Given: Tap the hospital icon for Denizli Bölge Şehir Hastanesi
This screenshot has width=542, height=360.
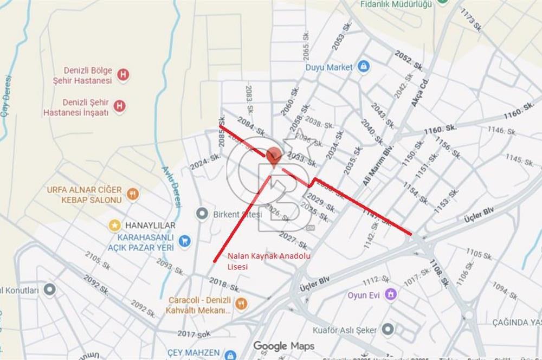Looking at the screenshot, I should tap(123, 75).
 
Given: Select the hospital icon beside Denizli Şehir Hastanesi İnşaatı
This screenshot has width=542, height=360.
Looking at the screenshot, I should tap(120, 106).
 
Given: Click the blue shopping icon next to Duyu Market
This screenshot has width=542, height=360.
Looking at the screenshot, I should tap(363, 67).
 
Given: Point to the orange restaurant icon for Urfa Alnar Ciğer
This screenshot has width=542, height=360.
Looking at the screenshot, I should tap(132, 194).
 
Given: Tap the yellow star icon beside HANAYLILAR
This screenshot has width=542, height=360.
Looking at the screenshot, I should tap(114, 225).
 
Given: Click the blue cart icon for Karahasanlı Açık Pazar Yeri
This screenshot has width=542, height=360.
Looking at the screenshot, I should tap(185, 241).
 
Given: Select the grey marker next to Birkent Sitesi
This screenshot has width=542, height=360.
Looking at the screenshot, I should tap(202, 214).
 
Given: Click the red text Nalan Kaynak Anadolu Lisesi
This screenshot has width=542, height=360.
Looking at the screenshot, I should tap(269, 261).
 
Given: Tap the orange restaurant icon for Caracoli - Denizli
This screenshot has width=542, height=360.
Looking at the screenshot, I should tap(241, 304).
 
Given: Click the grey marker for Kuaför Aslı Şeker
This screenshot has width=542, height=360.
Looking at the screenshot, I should tap(387, 329).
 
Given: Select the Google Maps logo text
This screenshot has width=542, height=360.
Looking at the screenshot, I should tap(283, 346).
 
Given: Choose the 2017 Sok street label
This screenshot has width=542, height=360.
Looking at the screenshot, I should tap(193, 334).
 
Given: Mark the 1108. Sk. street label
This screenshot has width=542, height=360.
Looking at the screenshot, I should tap(439, 273).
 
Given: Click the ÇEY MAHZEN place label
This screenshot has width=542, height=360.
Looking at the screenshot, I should tap(193, 352).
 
